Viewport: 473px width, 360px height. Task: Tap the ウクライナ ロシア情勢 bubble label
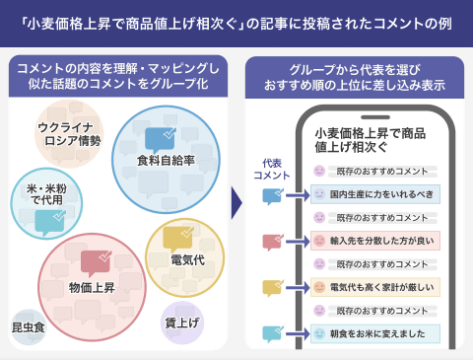click(69, 133)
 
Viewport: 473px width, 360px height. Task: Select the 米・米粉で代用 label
click(43, 192)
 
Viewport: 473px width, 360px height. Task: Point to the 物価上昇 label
click(92, 287)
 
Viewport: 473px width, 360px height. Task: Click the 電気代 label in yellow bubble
click(187, 259)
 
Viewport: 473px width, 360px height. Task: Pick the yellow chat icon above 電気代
click(179, 236)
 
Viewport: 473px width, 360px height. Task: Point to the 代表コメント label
click(271, 169)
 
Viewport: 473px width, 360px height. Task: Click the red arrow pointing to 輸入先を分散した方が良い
click(295, 242)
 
